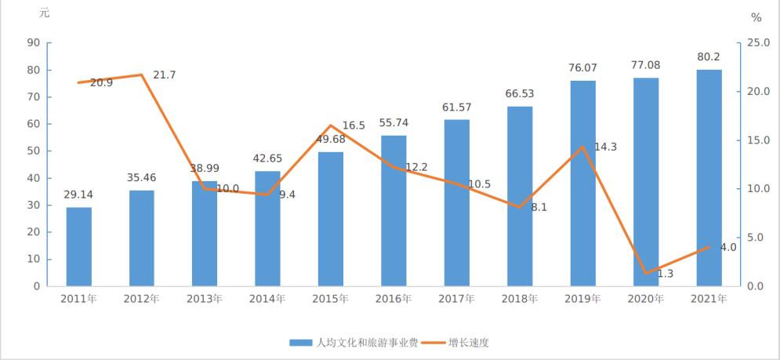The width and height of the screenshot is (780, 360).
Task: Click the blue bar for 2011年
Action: (78, 246)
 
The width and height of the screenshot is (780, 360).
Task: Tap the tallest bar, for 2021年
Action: (709, 177)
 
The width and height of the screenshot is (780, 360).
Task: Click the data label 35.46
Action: (142, 177)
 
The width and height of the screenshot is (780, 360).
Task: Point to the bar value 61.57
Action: (457, 107)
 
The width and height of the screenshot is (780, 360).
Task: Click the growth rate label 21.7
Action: (165, 75)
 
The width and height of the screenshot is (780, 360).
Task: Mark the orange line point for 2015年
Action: (331, 125)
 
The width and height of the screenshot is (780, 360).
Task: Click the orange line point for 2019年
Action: (582, 147)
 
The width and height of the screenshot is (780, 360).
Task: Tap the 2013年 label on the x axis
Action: (205, 299)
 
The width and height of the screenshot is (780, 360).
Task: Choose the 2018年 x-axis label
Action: (520, 299)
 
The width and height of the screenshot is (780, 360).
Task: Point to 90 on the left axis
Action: (34, 43)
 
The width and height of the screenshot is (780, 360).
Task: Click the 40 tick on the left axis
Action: (34, 178)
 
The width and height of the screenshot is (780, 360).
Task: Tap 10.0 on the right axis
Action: (757, 189)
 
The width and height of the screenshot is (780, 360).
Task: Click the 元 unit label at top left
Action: (44, 13)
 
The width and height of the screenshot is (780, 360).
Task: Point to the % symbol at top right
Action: (756, 17)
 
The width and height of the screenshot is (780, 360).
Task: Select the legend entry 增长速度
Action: (473, 342)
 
